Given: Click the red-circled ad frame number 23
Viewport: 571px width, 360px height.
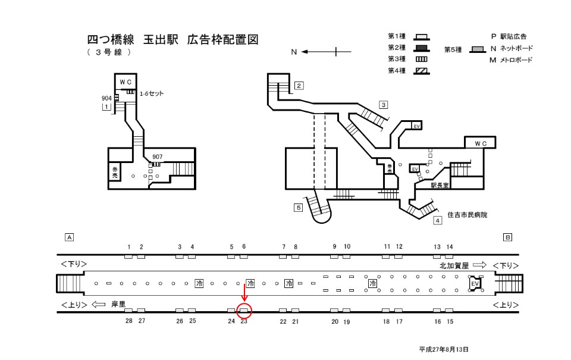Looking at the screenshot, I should [244, 310].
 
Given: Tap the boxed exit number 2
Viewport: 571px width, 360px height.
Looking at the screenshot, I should [299, 85].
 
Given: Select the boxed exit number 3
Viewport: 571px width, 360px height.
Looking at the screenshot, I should [384, 105].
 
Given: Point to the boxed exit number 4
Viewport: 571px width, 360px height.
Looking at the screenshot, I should [437, 221].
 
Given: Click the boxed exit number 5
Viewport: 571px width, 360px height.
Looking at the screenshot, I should [298, 207].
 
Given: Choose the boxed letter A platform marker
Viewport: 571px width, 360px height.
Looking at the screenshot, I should [69, 237].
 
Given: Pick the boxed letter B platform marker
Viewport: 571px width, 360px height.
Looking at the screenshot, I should [507, 237].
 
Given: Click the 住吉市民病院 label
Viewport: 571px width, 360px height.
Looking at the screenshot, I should [467, 214].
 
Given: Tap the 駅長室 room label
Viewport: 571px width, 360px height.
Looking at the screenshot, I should [443, 186].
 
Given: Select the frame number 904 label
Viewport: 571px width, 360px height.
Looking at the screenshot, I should [106, 98].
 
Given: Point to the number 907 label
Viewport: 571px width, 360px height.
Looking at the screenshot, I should [157, 157].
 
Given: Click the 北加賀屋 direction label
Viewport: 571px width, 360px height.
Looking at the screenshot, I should [454, 265].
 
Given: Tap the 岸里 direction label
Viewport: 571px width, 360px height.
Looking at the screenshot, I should [118, 303].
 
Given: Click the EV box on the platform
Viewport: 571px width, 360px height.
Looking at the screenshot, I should [474, 284].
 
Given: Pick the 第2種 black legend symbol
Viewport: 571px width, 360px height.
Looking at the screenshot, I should [421, 48].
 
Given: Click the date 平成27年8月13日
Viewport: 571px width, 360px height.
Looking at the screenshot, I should [443, 349].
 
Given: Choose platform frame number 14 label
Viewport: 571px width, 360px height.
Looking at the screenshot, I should [450, 246].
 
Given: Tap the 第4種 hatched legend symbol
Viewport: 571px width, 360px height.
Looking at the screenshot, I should [421, 71].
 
